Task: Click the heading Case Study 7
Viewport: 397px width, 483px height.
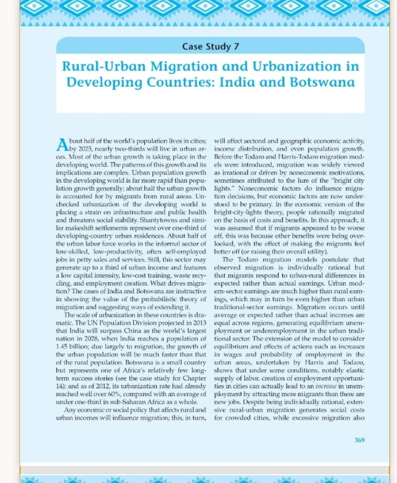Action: pyautogui.click(x=210, y=46)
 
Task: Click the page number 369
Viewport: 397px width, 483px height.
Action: pyautogui.click(x=360, y=440)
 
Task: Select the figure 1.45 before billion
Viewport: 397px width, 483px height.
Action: pyautogui.click(x=62, y=347)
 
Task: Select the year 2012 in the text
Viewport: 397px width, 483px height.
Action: pyautogui.click(x=107, y=386)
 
